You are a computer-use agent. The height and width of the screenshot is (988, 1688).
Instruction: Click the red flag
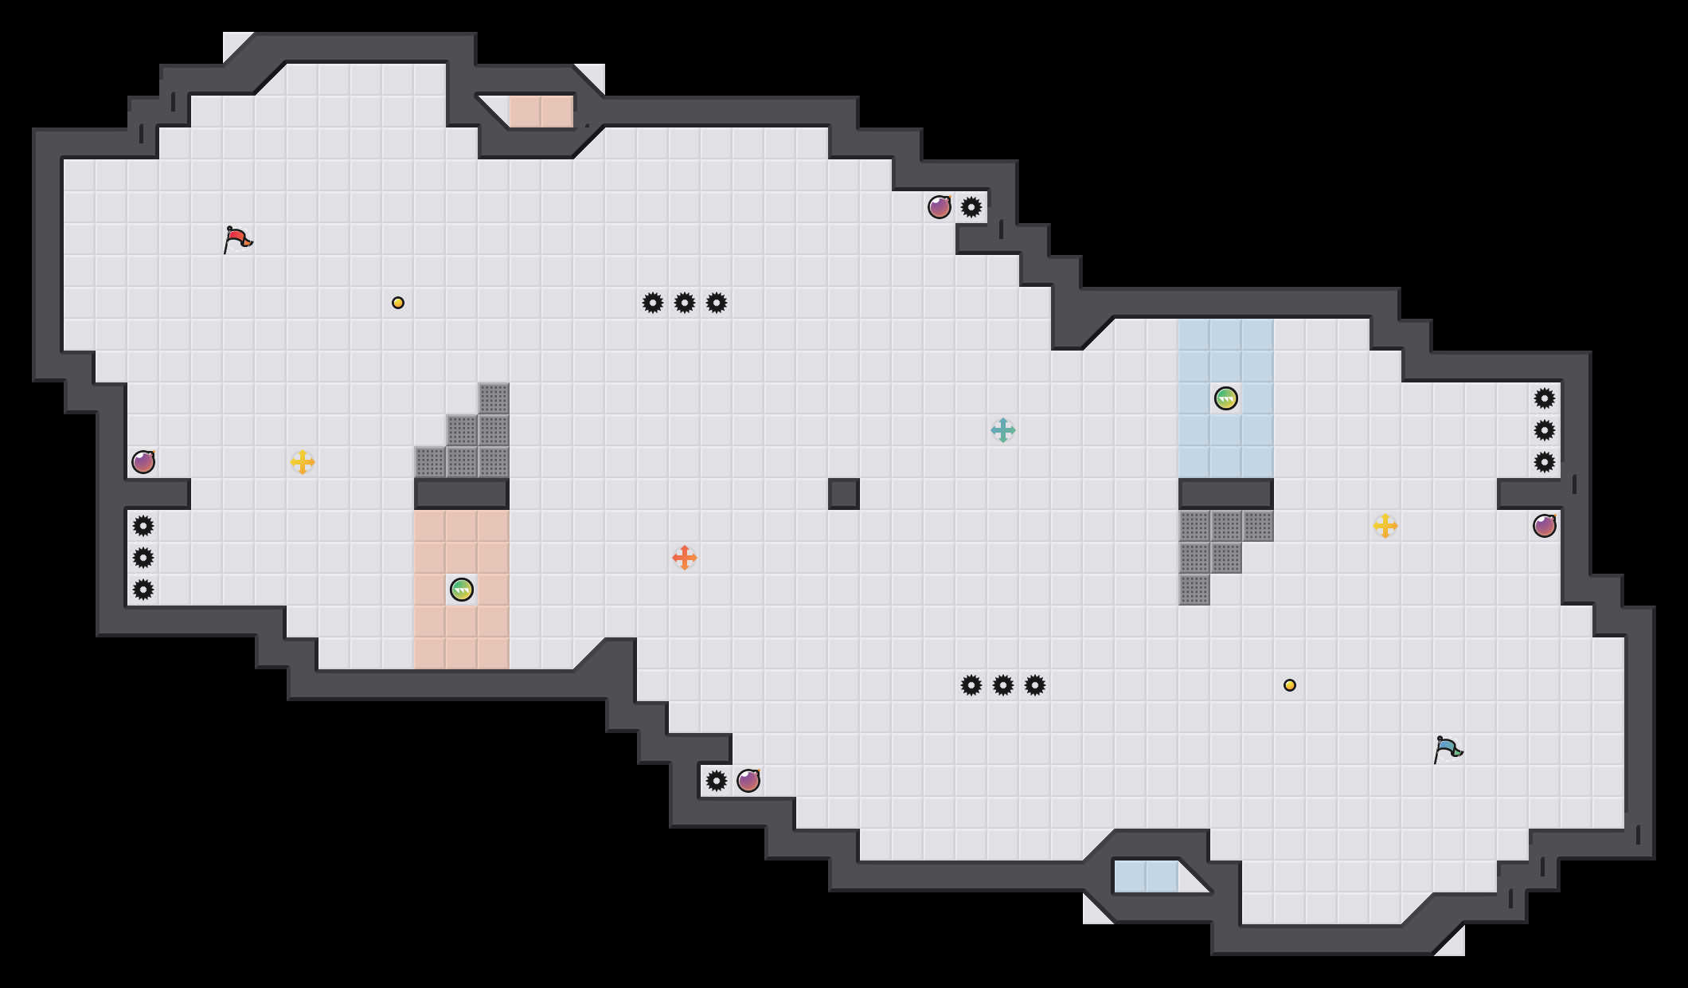[x=237, y=239]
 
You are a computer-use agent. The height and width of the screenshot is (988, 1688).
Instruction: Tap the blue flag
[x=1448, y=749]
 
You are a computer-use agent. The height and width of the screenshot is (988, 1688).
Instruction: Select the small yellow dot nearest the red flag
[x=398, y=303]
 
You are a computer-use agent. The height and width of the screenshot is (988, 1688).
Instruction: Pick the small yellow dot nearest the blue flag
[x=1290, y=685]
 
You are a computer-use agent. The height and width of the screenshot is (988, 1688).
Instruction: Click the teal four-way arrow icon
[x=1003, y=430]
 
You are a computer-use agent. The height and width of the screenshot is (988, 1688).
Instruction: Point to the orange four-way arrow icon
[x=685, y=558]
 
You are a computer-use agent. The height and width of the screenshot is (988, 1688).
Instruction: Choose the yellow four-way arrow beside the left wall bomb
[x=303, y=462]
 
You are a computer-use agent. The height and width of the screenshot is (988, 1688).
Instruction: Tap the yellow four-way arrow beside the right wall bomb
[x=1385, y=526]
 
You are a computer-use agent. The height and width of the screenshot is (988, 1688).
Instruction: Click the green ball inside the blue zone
[x=1226, y=398]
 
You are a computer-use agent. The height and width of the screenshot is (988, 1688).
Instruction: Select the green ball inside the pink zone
[x=462, y=590]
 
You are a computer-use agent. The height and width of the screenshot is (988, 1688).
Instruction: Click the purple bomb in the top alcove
[x=940, y=207]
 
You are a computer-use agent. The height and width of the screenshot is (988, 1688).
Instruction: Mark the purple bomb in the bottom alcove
[x=748, y=781]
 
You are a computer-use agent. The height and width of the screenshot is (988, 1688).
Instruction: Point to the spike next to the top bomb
[x=971, y=207]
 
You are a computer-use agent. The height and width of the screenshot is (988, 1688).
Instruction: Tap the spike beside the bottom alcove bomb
[x=717, y=781]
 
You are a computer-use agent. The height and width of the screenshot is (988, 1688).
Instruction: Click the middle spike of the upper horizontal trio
[x=685, y=303]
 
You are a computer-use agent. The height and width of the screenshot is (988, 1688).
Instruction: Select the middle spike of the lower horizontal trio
[x=1003, y=685]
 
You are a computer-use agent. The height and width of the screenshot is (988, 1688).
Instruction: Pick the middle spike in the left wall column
[x=143, y=558]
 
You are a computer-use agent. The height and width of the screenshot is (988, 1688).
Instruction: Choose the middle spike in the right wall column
[x=1545, y=430]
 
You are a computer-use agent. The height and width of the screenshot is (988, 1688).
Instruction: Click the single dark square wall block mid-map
[x=844, y=494]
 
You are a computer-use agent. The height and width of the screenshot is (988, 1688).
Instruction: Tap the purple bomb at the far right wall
[x=1545, y=526]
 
